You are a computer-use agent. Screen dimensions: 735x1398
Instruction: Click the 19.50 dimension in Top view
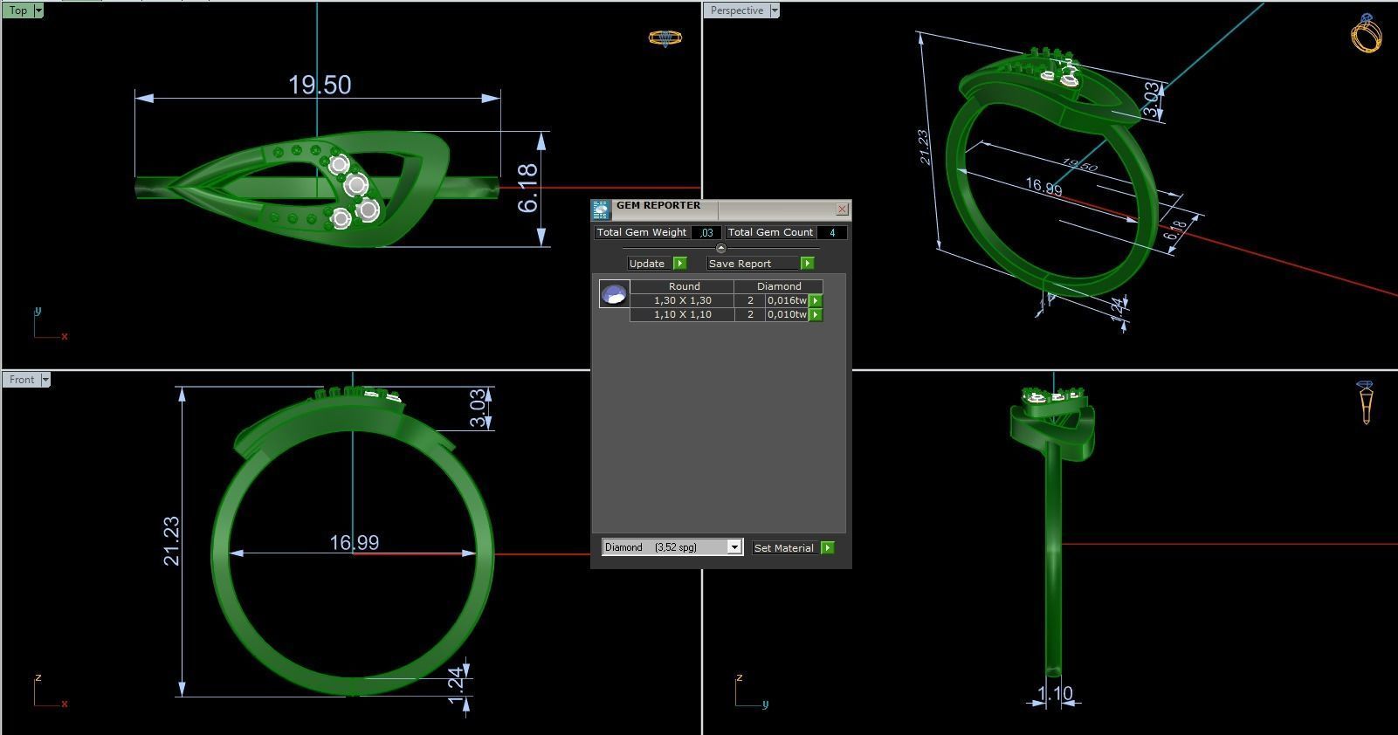pos(320,85)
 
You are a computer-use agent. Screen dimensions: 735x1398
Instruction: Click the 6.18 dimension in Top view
pos(527,189)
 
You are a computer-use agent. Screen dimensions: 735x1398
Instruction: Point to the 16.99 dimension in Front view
pos(354,543)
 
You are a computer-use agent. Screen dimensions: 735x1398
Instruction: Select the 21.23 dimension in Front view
pos(171,541)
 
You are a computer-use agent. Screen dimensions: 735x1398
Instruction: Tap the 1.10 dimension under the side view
pos(1055,694)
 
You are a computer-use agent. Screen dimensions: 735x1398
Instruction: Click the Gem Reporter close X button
pos(842,209)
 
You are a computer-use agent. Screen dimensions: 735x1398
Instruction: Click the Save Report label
pos(740,264)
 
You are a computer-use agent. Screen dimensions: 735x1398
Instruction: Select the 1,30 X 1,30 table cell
pos(682,300)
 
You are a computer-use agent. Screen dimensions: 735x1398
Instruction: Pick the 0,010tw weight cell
pos(786,314)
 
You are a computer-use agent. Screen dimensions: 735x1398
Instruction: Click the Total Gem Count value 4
pos(832,232)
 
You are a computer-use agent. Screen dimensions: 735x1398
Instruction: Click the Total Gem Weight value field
pos(706,232)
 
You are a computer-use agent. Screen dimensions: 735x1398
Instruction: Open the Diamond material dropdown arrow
pos(734,547)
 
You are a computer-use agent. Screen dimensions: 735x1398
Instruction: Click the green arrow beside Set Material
pos(828,548)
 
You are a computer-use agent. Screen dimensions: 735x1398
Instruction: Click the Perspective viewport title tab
pos(736,10)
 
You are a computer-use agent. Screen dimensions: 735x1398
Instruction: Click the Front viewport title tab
pos(22,380)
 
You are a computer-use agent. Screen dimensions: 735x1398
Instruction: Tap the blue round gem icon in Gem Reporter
pos(614,294)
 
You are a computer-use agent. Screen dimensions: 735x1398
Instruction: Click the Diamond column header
pos(778,286)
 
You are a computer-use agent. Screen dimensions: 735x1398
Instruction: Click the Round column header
pos(684,286)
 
